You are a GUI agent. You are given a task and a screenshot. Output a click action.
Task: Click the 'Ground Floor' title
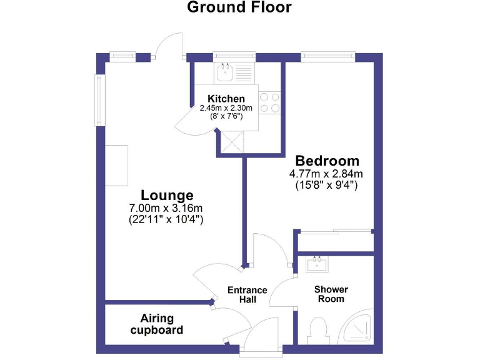(239, 8)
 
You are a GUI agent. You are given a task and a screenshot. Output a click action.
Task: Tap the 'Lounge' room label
(166, 194)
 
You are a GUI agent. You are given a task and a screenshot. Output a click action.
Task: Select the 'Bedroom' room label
(327, 160)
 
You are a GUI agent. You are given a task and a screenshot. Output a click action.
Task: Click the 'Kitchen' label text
(226, 99)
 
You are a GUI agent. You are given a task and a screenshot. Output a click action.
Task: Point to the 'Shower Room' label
(331, 294)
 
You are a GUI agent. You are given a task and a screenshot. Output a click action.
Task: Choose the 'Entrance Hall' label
(247, 295)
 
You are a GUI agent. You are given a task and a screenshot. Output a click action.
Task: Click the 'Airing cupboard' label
(157, 324)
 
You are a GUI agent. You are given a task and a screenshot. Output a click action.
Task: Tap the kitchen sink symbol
(224, 73)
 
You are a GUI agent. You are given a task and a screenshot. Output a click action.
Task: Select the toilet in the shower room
(317, 330)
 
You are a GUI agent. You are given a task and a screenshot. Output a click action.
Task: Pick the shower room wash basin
(318, 264)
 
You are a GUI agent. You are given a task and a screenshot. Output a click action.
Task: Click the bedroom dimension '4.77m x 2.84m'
(326, 174)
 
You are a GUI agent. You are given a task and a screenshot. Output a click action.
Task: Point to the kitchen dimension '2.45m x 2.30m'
(226, 108)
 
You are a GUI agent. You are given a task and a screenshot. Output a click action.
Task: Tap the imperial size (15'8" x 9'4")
(326, 185)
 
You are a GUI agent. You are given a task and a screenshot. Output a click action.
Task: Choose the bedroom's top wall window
(328, 56)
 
